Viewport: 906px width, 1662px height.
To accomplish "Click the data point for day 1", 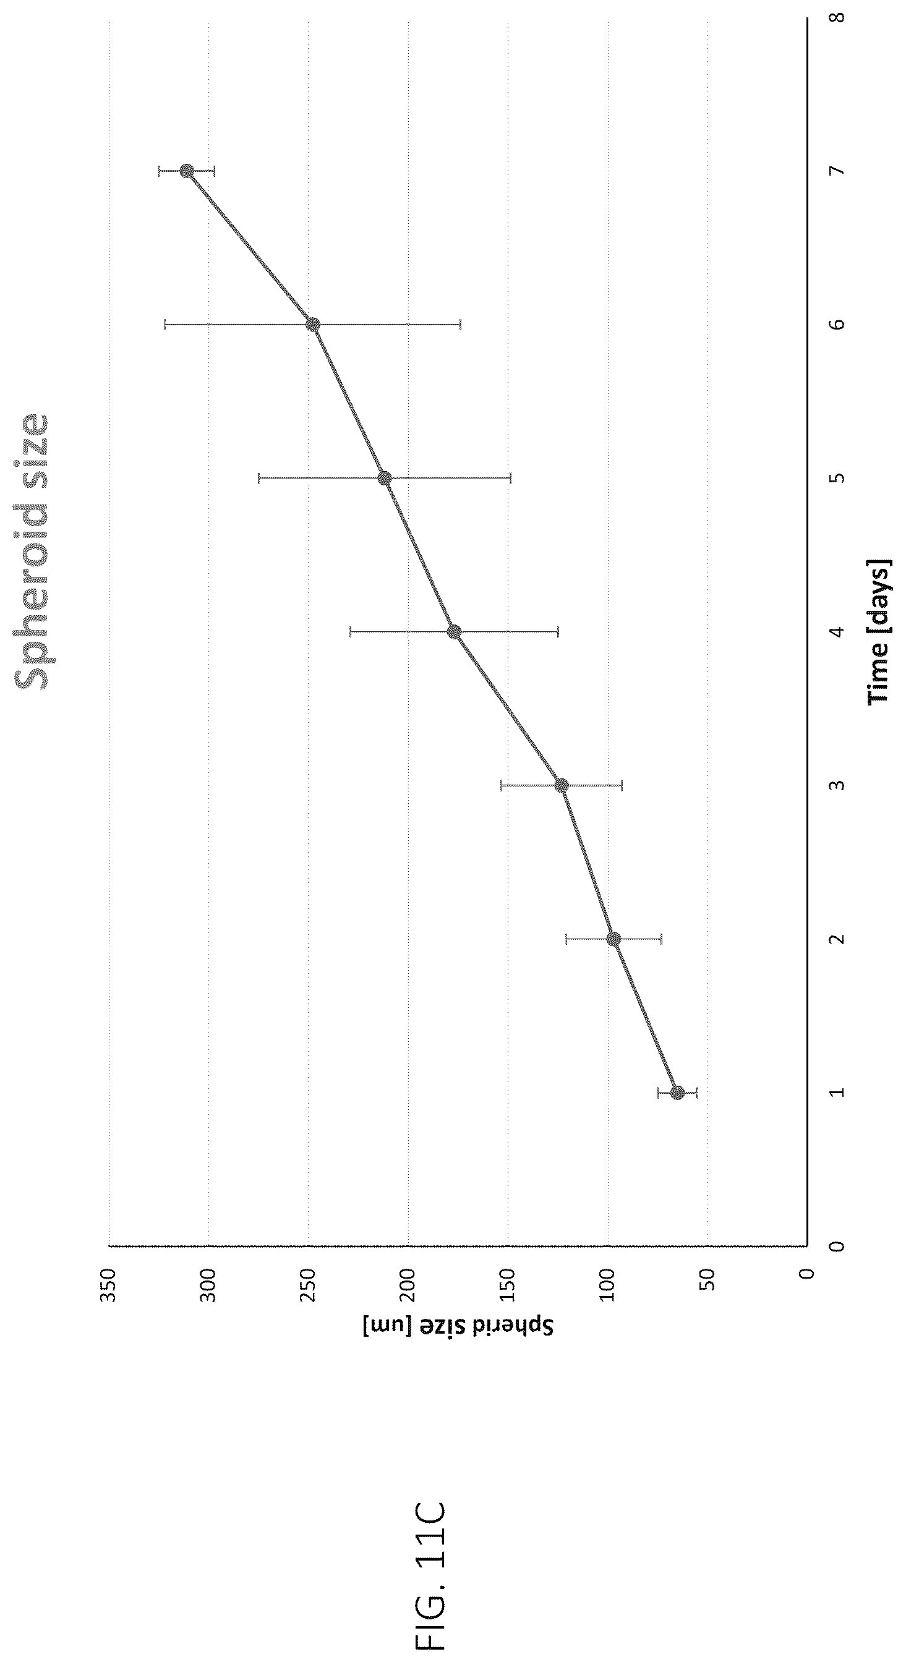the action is coord(677,1093).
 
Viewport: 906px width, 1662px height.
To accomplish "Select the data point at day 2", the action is coord(613,939).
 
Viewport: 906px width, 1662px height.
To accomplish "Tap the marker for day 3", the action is coord(562,785).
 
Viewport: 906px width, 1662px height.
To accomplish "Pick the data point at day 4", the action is coord(454,632).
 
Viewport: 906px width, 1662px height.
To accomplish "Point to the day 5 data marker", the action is coord(385,478).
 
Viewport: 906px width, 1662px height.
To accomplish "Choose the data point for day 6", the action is coord(313,325).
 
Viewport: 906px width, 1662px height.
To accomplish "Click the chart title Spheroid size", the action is coord(32,552).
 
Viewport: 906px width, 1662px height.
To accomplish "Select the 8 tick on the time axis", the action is coord(838,17).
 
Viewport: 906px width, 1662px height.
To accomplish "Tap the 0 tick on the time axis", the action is coord(838,1246).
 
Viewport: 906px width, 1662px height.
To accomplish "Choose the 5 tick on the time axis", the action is coord(838,478).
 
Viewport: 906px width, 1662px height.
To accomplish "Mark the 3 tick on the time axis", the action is coord(838,785).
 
